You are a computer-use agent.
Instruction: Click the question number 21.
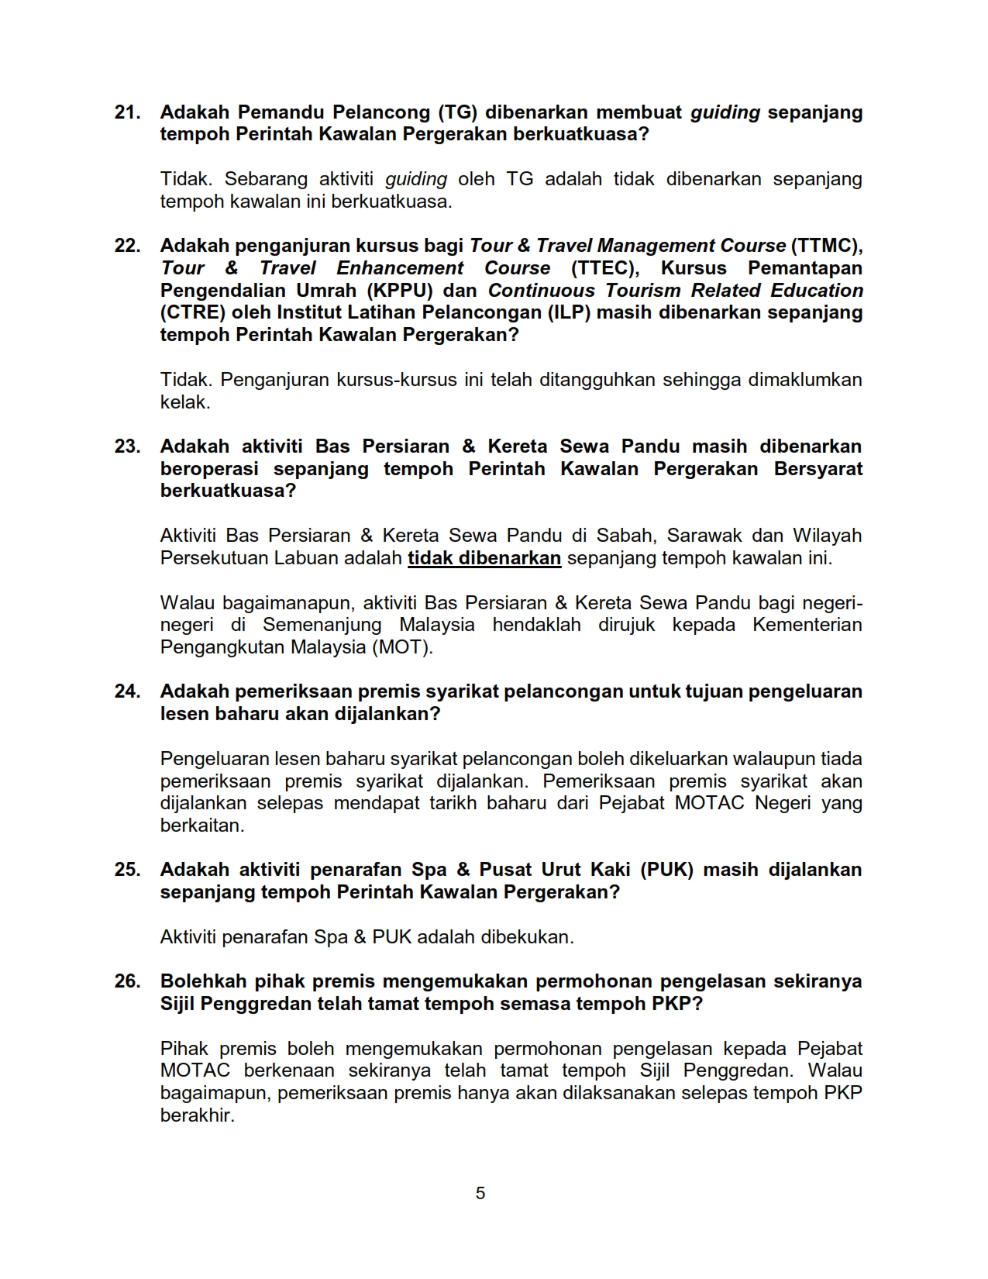coord(127,112)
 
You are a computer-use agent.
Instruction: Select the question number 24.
coord(127,691)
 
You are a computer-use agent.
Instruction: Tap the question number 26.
coord(127,981)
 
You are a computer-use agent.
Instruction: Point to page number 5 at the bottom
coord(480,1193)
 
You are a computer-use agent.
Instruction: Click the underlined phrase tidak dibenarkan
coord(484,558)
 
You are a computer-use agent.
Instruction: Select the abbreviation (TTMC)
coord(827,246)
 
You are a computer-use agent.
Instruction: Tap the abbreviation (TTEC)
coord(604,268)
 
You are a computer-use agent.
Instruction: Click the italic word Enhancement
coord(400,268)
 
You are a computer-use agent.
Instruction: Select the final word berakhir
coord(197,1116)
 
